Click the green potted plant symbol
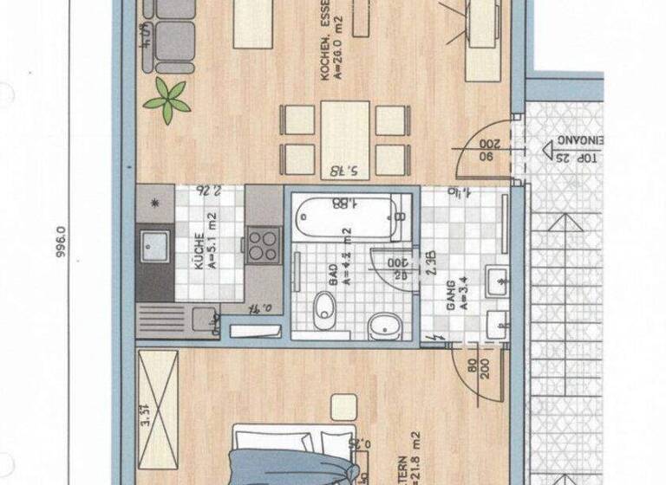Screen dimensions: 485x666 click(166, 100)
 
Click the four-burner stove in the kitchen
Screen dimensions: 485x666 click(263, 244)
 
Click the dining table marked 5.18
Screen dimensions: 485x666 click(345, 139)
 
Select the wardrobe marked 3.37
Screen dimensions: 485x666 click(157, 395)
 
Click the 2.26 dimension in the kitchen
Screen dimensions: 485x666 click(208, 191)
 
